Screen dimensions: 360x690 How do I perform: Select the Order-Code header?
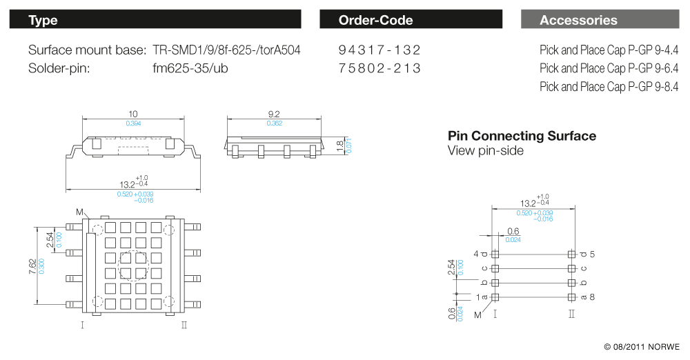tap(411, 20)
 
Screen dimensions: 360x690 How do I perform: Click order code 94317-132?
tap(379, 50)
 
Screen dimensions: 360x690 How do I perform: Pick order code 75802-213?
tap(379, 68)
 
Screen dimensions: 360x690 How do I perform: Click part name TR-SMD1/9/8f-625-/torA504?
tap(226, 50)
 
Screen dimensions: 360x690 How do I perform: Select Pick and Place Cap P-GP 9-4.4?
tap(609, 50)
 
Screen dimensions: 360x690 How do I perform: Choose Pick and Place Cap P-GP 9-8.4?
tap(609, 87)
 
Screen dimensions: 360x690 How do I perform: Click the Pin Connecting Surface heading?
tap(522, 136)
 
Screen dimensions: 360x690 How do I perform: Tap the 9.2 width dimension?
tap(274, 114)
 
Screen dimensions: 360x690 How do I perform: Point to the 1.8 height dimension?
tap(339, 146)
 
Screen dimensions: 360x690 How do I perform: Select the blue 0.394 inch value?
tap(133, 123)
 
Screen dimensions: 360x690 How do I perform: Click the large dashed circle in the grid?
tap(133, 266)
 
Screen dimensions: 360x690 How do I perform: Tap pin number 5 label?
tap(592, 254)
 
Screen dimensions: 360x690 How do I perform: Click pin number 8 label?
tap(592, 297)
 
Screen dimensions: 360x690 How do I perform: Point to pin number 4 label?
tap(475, 254)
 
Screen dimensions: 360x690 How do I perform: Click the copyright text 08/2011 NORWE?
tap(641, 347)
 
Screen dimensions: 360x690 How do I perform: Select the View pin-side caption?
tap(485, 150)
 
